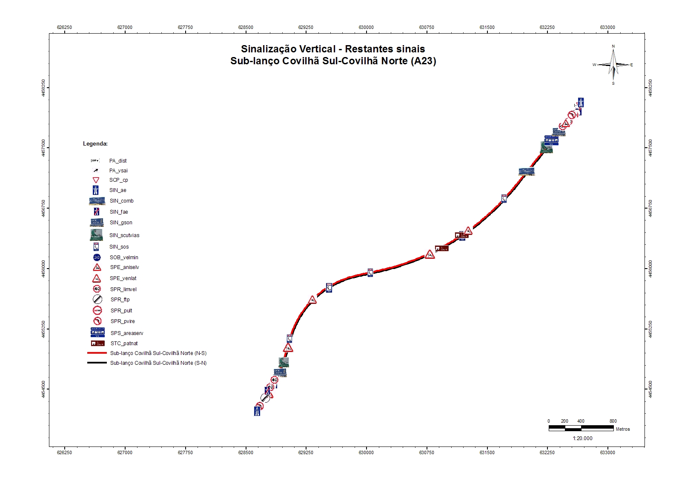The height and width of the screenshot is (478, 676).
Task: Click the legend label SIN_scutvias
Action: pyautogui.click(x=124, y=235)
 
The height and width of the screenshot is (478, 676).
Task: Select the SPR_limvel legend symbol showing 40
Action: pyautogui.click(x=97, y=289)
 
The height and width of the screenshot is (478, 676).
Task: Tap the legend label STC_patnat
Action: pyautogui.click(x=124, y=343)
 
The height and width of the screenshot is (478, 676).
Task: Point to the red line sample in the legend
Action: pyautogui.click(x=97, y=353)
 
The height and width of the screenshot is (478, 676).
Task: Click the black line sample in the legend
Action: pyautogui.click(x=97, y=363)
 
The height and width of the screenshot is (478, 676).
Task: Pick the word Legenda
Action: pyautogui.click(x=95, y=144)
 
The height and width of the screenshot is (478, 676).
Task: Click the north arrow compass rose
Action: pyautogui.click(x=613, y=65)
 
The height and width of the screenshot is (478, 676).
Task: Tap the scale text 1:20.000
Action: pyautogui.click(x=582, y=438)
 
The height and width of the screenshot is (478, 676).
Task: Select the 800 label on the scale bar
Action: pyautogui.click(x=613, y=421)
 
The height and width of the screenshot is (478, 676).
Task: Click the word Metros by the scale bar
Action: pyautogui.click(x=623, y=429)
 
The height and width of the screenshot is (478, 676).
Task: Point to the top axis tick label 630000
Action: pyautogui.click(x=366, y=27)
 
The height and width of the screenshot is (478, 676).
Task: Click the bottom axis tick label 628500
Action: pyautogui.click(x=246, y=452)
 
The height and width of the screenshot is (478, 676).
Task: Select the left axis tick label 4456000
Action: pyautogui.click(x=44, y=269)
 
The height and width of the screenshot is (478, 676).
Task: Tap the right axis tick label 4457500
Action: pyautogui.click(x=650, y=148)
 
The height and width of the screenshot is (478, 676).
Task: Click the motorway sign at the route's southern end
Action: pyautogui.click(x=257, y=411)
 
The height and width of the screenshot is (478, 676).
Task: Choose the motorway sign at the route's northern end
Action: pyautogui.click(x=581, y=102)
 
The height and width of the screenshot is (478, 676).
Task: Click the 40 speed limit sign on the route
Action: pyautogui.click(x=275, y=380)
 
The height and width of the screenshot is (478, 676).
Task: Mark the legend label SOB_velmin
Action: pyautogui.click(x=124, y=258)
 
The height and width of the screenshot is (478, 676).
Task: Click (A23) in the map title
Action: pyautogui.click(x=424, y=61)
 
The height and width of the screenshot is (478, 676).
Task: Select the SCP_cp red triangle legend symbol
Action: pyautogui.click(x=96, y=180)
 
